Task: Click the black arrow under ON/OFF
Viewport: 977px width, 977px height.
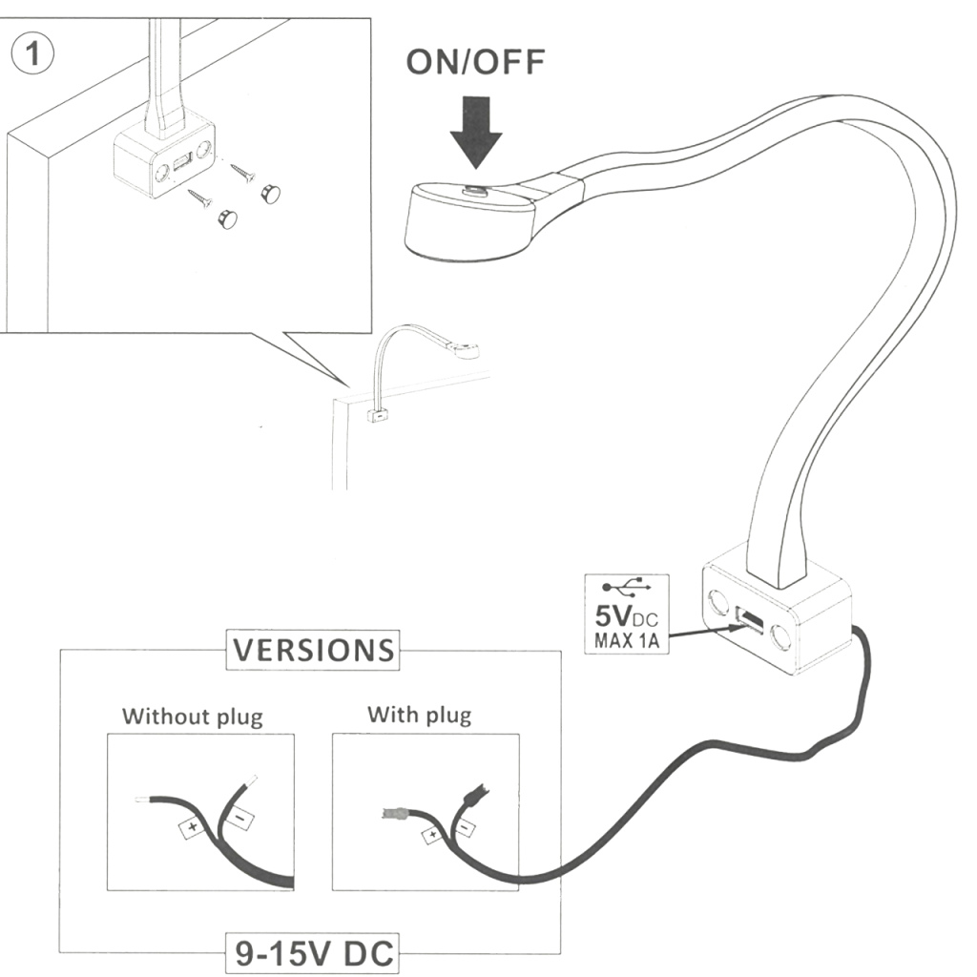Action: pyautogui.click(x=476, y=133)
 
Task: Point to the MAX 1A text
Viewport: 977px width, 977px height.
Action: pyautogui.click(x=625, y=640)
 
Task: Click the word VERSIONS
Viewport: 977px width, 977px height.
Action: pyautogui.click(x=313, y=651)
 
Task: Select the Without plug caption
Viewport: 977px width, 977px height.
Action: pyautogui.click(x=192, y=716)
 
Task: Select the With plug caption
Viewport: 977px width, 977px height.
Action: pyautogui.click(x=419, y=715)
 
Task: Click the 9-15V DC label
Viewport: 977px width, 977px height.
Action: pyautogui.click(x=313, y=953)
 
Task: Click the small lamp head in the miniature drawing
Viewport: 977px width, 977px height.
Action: pyautogui.click(x=467, y=350)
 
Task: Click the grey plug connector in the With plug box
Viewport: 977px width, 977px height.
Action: pyautogui.click(x=392, y=815)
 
